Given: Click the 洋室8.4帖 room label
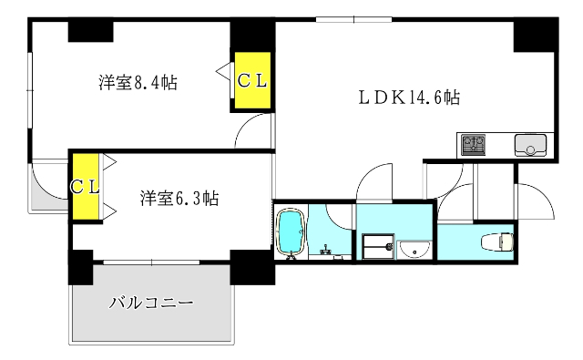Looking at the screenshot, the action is pyautogui.click(x=138, y=83).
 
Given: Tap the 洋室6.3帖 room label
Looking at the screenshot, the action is pyautogui.click(x=179, y=197).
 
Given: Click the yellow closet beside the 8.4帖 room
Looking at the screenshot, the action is pyautogui.click(x=252, y=81).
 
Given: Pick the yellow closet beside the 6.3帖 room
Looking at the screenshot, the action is pyautogui.click(x=86, y=188).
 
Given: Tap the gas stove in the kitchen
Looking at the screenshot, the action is pyautogui.click(x=473, y=144).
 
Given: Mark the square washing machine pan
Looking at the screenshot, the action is pyautogui.click(x=376, y=246).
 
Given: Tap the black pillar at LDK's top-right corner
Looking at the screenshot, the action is pyautogui.click(x=534, y=35).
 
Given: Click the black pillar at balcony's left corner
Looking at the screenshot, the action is pyautogui.click(x=80, y=267).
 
